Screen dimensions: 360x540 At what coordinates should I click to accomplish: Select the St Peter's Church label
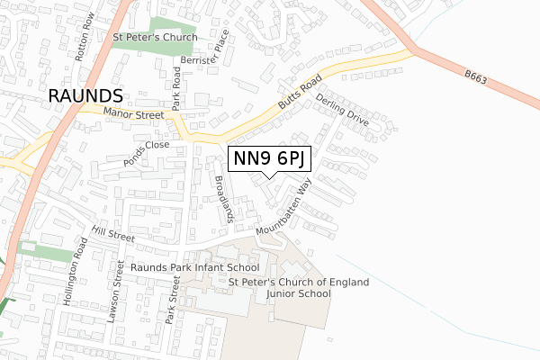154,38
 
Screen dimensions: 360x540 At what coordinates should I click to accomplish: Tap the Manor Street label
133,114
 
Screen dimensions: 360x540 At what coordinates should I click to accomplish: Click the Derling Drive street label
343,106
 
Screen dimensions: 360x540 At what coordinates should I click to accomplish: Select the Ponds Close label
147,149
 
